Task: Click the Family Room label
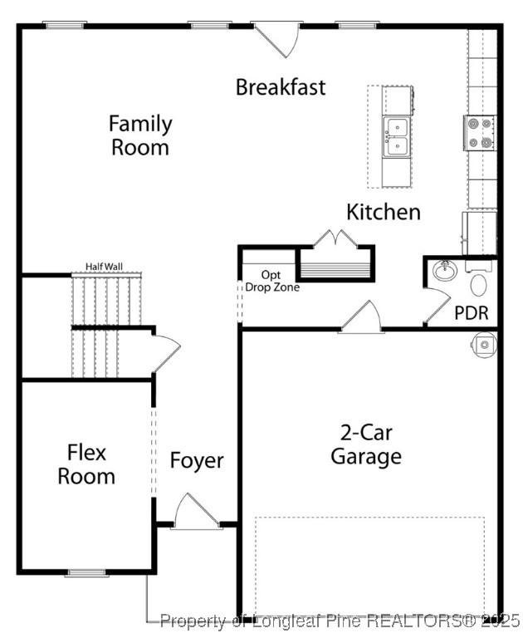[140, 135]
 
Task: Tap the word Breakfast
[281, 86]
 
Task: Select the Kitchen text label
[384, 212]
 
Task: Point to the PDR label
[471, 313]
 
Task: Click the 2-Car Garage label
[366, 444]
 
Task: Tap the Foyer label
[197, 460]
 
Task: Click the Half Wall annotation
[104, 267]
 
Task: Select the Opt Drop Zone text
[271, 281]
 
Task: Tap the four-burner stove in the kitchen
[479, 133]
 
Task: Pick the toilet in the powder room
[479, 284]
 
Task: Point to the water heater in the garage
[484, 342]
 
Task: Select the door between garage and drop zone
[361, 319]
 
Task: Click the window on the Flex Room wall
[86, 572]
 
